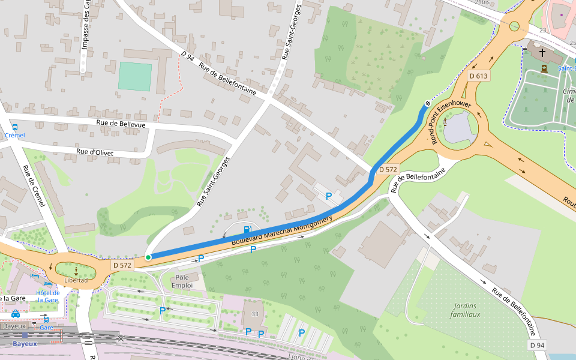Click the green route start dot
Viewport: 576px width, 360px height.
(x=148, y=257)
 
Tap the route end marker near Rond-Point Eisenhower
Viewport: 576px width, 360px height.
(x=427, y=104)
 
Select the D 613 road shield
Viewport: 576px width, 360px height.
(x=479, y=76)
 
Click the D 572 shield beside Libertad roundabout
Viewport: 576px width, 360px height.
(x=122, y=265)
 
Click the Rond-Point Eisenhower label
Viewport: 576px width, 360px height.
(x=451, y=122)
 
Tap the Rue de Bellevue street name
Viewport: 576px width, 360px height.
(x=121, y=123)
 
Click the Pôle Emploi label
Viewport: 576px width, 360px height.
(x=181, y=281)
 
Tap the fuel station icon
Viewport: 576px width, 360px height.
(x=247, y=229)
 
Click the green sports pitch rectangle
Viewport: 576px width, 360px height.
(x=135, y=76)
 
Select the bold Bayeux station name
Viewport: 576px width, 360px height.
(x=25, y=344)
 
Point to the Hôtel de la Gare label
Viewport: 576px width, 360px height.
(x=47, y=296)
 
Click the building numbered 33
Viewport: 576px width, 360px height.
(x=255, y=314)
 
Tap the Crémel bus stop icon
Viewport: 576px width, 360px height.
(x=15, y=127)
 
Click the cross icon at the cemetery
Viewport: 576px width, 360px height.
(x=542, y=70)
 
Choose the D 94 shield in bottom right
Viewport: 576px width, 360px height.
(x=538, y=345)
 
